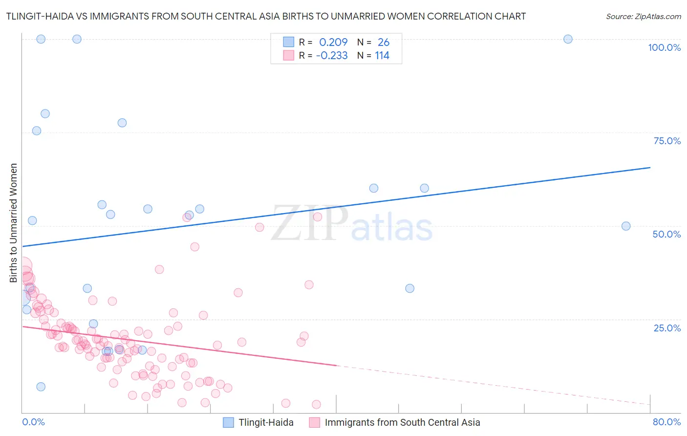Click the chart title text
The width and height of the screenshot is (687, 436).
266,17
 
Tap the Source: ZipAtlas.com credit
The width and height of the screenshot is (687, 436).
643,17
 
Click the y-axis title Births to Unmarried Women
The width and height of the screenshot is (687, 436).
14,223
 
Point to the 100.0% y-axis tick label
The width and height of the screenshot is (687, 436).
664,47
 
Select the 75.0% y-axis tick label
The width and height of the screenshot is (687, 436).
667,141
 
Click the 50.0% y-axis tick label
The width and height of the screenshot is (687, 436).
666,234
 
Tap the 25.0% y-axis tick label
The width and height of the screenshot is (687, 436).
667,328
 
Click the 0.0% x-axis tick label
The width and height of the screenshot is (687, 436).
33,422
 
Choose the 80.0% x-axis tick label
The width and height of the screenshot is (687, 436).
666,422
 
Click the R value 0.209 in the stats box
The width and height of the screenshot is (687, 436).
333,43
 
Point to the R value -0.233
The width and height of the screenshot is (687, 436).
332,56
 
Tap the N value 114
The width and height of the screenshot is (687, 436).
382,56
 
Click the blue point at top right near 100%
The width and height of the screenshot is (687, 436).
568,39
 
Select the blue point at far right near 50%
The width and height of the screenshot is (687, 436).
626,226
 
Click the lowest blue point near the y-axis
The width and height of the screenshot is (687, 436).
41,387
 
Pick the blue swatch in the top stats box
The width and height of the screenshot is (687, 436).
289,42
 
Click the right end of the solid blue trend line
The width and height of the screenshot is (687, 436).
650,168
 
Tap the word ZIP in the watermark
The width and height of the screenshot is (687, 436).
310,223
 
